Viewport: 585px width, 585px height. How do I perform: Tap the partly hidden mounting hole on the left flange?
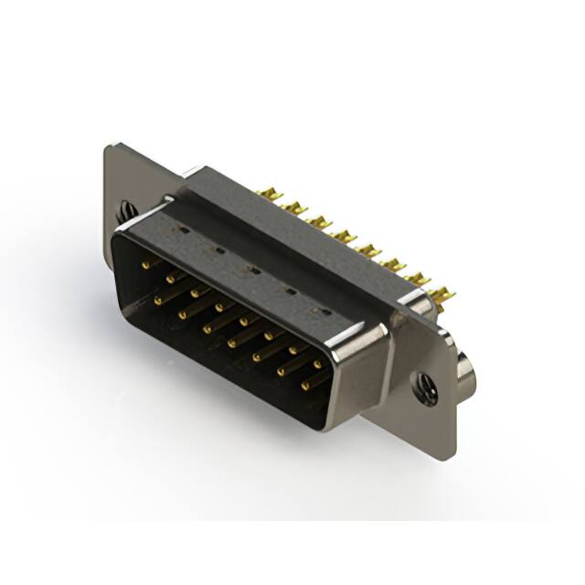point(125,212)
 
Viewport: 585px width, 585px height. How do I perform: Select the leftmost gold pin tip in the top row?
point(144,264)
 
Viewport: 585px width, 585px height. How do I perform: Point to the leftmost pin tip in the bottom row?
point(158,299)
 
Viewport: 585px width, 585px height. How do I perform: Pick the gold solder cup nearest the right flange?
point(441,294)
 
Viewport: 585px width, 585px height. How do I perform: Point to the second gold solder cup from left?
point(294,207)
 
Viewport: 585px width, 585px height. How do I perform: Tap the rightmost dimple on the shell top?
point(322,311)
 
